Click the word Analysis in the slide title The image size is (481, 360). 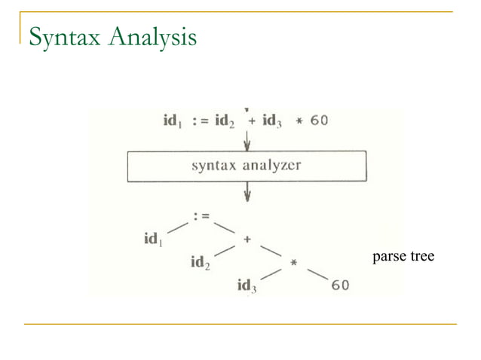[153, 36]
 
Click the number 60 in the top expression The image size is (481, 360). [319, 121]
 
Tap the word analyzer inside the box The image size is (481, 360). [271, 166]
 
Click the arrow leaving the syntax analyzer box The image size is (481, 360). [247, 194]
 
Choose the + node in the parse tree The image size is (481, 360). [247, 238]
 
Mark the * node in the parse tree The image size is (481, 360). [293, 263]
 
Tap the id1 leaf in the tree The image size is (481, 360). [154, 239]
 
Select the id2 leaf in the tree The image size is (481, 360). [200, 263]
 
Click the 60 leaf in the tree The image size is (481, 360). [339, 285]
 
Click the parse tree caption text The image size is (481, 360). [403, 257]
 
